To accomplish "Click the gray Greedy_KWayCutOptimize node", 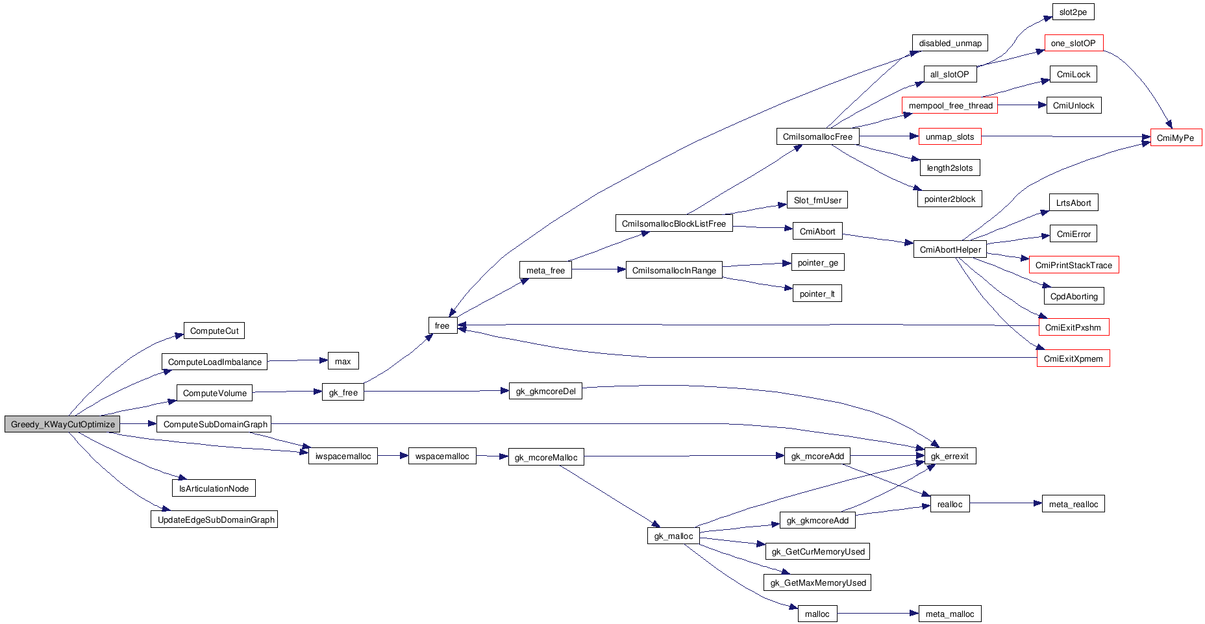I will pyautogui.click(x=62, y=425).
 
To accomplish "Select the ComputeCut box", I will pyautogui.click(x=214, y=331).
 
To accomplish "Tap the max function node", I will pyautogui.click(x=343, y=362).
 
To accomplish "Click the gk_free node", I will pyautogui.click(x=343, y=393).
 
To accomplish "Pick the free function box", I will pyautogui.click(x=442, y=326).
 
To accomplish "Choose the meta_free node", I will pyautogui.click(x=545, y=271).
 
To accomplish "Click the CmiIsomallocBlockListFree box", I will pyautogui.click(x=673, y=224).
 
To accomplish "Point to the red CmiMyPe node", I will pyautogui.click(x=1175, y=138).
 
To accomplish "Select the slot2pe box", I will pyautogui.click(x=1073, y=12).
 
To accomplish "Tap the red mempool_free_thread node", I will pyautogui.click(x=950, y=106).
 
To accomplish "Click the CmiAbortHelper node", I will pyautogui.click(x=950, y=250).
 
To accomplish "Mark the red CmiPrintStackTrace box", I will pyautogui.click(x=1073, y=265).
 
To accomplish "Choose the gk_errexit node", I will pyautogui.click(x=949, y=456).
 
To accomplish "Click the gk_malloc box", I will pyautogui.click(x=673, y=536).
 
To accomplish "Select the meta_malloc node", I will pyautogui.click(x=949, y=614).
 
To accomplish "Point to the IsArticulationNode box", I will pyautogui.click(x=214, y=488).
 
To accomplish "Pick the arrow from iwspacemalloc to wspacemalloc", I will pyautogui.click(x=393, y=456).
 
